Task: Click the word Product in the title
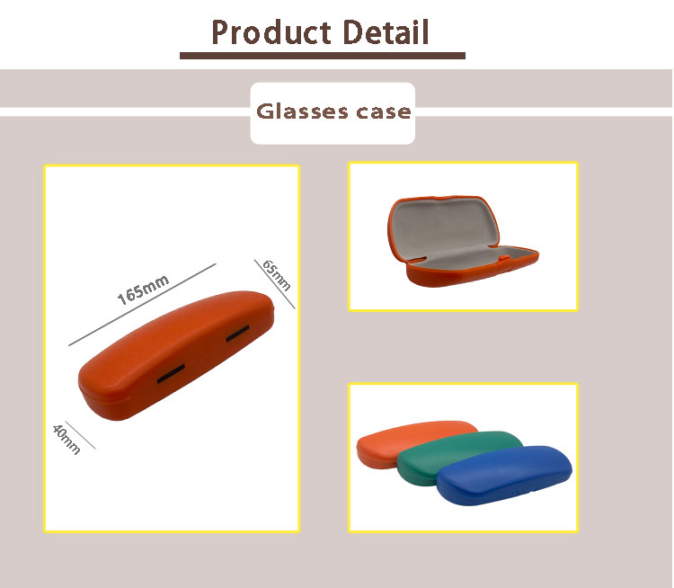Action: pos(271,33)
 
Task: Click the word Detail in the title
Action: pos(386,31)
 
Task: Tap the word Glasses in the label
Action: pos(302,111)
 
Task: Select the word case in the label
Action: pos(384,112)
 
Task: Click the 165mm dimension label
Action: pos(143,290)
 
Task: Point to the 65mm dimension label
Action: pos(277,275)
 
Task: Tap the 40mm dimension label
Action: pos(67,439)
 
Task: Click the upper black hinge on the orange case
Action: pos(238,334)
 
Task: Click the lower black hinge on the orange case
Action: pos(171,373)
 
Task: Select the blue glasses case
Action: pos(504,475)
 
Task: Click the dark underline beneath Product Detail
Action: pos(323,56)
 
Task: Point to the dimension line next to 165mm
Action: pos(142,305)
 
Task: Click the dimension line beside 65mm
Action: pos(274,284)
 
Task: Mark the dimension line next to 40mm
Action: pos(80,434)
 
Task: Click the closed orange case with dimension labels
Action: pos(176,355)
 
